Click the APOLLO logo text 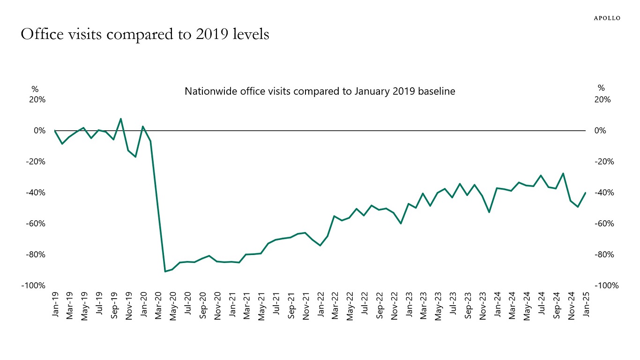[607, 18]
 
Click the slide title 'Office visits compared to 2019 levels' [145, 35]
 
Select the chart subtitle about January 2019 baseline [320, 91]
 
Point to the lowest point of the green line [165, 271]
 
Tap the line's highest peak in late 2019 [121, 119]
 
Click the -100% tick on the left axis [33, 285]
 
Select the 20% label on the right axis [603, 100]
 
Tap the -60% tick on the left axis [35, 224]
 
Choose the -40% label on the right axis [604, 193]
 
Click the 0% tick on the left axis [39, 131]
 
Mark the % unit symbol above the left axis [35, 89]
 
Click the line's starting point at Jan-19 [55, 131]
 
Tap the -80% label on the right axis [604, 255]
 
